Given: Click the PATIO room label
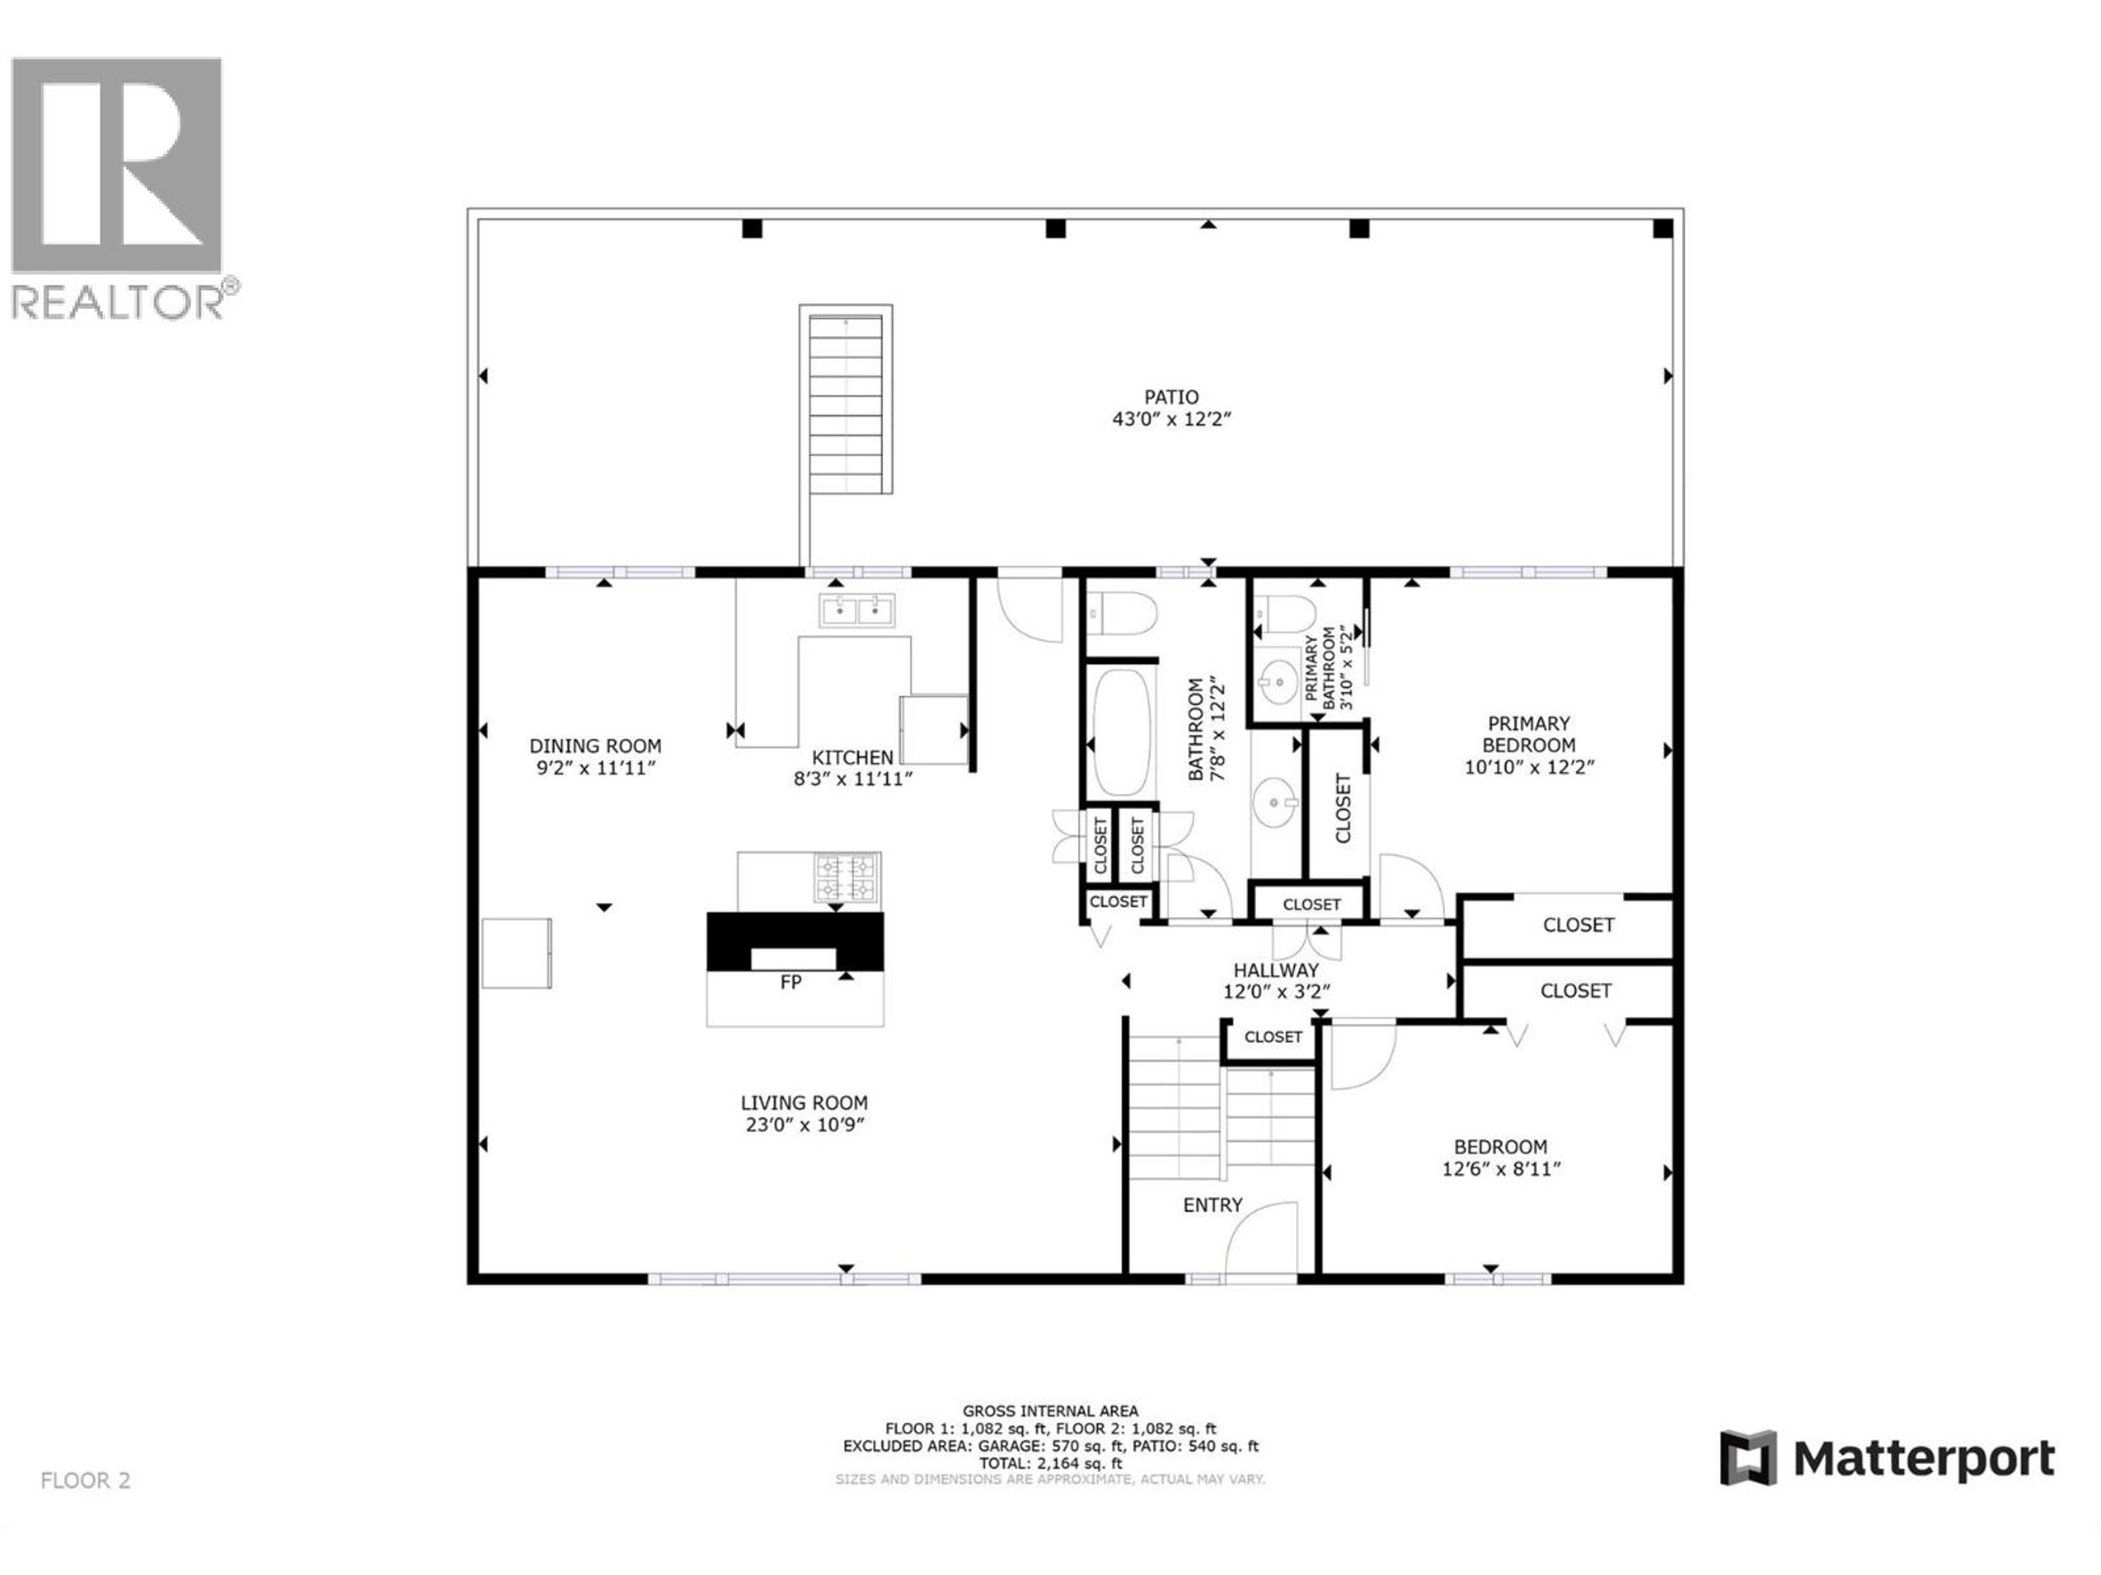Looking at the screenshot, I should pos(1170,397).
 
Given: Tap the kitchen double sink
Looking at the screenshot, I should pos(857,610).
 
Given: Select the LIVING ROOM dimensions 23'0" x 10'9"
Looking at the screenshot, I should pos(804,1125).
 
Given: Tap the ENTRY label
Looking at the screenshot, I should pos(1212,1205).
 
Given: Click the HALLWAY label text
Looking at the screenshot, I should pos(1275,970).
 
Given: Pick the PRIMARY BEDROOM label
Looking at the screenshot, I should pos(1528,734).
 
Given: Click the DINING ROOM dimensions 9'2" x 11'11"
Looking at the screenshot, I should pos(595,768).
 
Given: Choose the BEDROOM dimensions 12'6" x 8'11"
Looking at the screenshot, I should pos(1501,1170).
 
